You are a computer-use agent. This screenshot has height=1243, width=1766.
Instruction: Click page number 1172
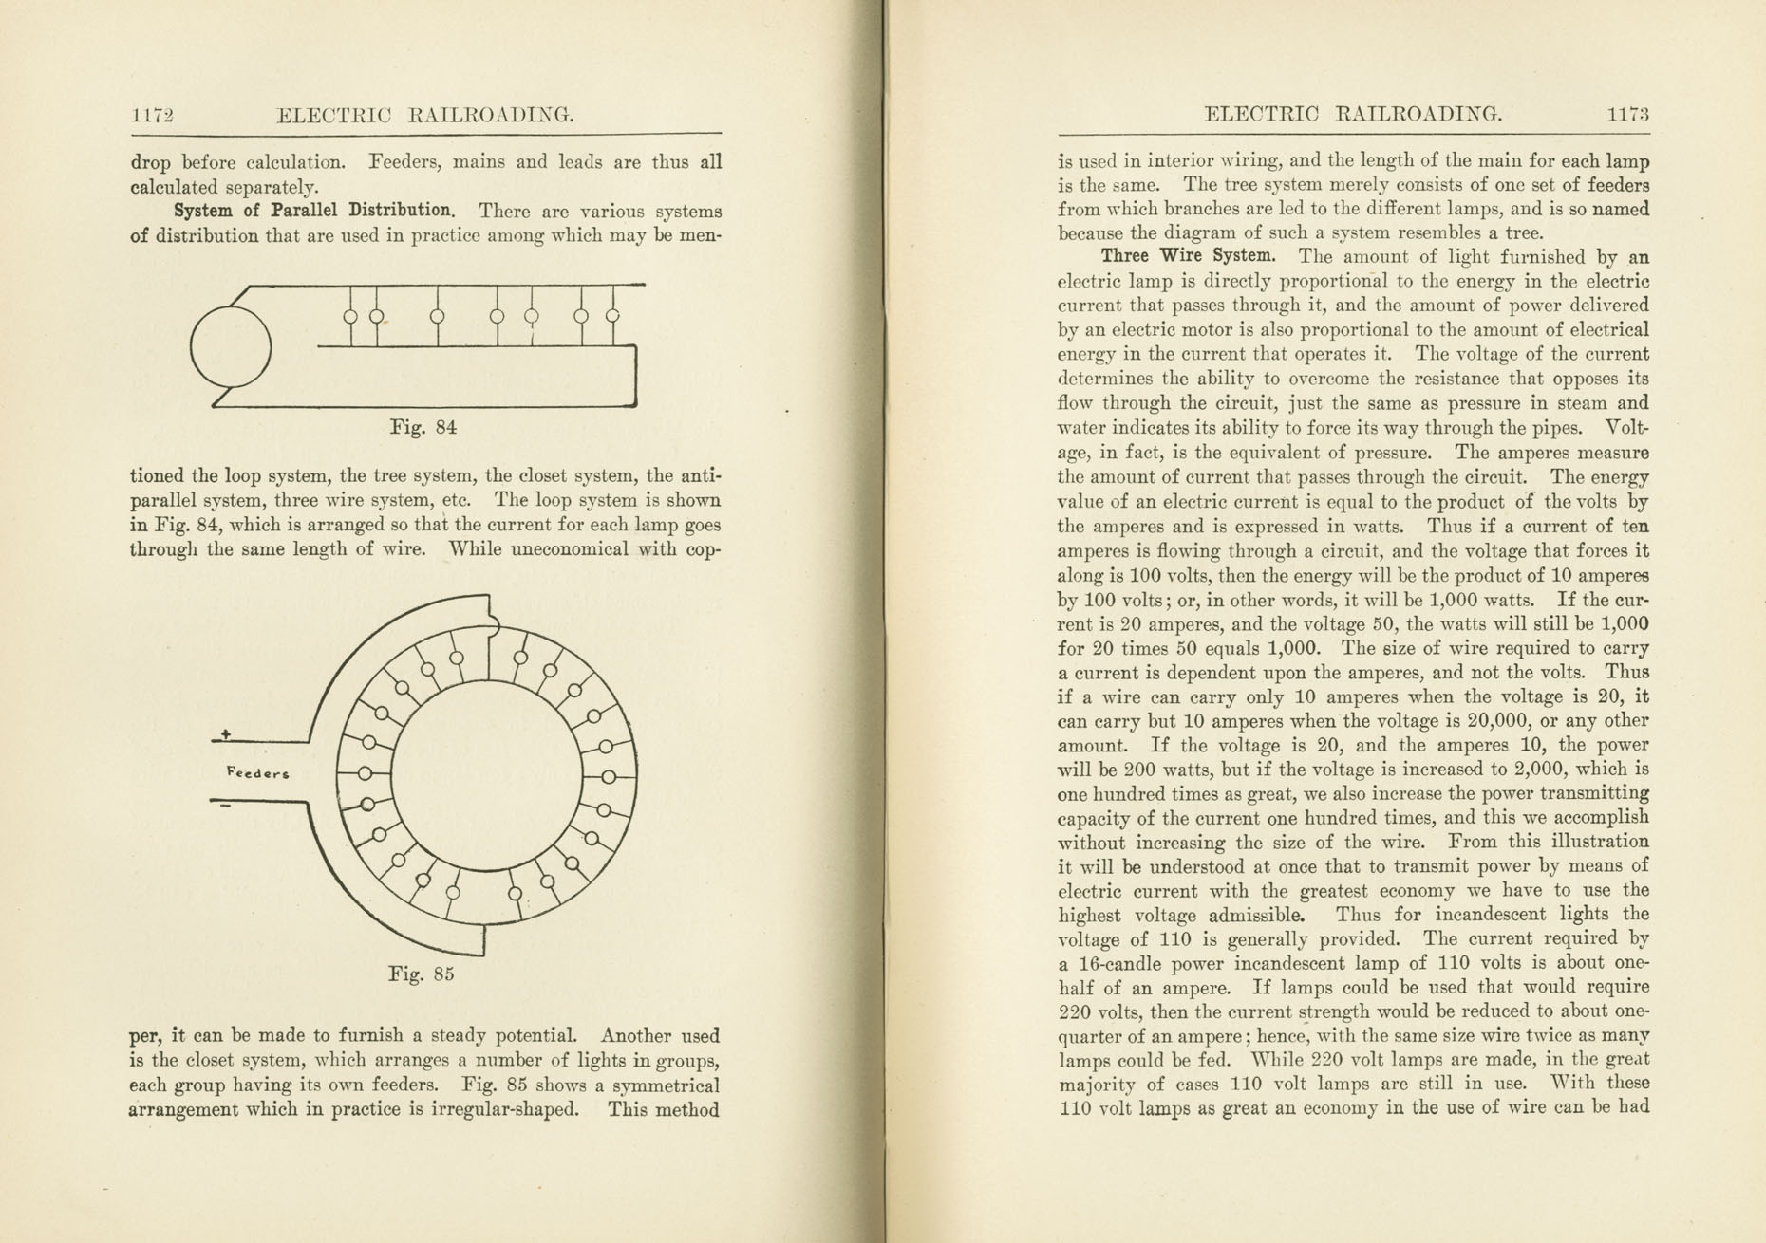tap(152, 116)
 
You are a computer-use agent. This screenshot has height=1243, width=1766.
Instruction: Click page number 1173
tap(1627, 115)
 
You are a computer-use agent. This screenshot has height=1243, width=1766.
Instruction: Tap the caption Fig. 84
tap(423, 428)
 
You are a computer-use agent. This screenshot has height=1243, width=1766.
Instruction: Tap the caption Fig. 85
tap(422, 974)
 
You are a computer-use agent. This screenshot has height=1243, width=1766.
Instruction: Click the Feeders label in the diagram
tap(257, 772)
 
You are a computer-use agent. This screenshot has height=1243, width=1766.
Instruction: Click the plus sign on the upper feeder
tap(226, 733)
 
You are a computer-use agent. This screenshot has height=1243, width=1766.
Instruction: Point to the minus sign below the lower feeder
tap(226, 807)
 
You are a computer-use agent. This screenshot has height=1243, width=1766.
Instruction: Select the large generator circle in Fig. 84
tap(231, 346)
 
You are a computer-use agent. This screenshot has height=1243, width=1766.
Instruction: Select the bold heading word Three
tap(1125, 256)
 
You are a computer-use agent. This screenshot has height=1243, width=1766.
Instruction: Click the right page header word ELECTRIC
tap(1261, 115)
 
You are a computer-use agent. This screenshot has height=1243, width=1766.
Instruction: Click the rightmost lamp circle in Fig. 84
tap(612, 316)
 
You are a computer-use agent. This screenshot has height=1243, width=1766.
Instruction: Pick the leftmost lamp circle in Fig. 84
tap(350, 316)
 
